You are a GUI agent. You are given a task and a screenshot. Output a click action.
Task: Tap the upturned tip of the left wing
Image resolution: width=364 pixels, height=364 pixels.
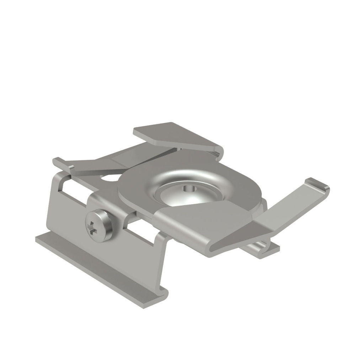[57, 162]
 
